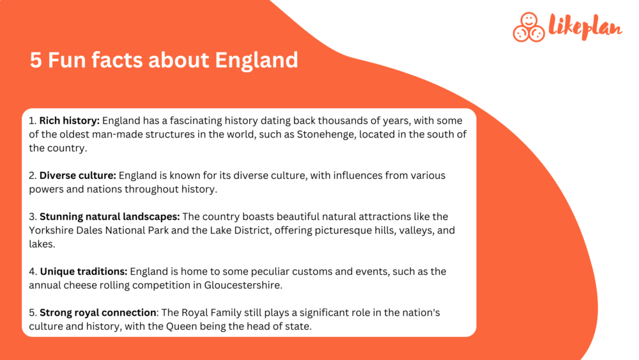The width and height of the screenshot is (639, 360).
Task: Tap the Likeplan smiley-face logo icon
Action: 528,27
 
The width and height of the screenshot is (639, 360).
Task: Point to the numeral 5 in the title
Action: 36,60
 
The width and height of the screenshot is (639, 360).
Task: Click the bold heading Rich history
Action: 69,120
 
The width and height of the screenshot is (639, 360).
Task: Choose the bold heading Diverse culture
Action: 77,175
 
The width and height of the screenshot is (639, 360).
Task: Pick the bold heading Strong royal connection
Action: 98,313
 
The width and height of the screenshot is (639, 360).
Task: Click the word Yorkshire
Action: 52,230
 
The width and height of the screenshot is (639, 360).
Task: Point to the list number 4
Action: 32,272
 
